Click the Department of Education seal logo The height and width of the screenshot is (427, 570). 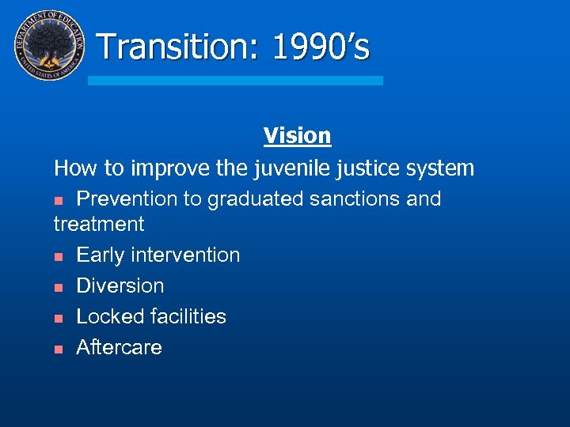pyautogui.click(x=49, y=45)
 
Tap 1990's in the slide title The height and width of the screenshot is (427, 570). pyautogui.click(x=320, y=47)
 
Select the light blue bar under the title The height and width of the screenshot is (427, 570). pyautogui.click(x=235, y=81)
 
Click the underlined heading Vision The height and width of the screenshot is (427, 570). pyautogui.click(x=297, y=136)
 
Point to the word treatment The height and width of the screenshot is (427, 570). pyautogui.click(x=99, y=225)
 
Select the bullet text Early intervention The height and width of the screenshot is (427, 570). pyautogui.click(x=158, y=255)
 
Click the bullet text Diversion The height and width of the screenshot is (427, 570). pyautogui.click(x=120, y=286)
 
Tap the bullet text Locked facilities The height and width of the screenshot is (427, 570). pyautogui.click(x=150, y=317)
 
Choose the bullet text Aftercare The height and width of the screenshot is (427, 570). pyautogui.click(x=119, y=348)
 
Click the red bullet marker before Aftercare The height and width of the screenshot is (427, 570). pyautogui.click(x=59, y=349)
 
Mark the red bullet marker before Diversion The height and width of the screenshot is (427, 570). pyautogui.click(x=59, y=287)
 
